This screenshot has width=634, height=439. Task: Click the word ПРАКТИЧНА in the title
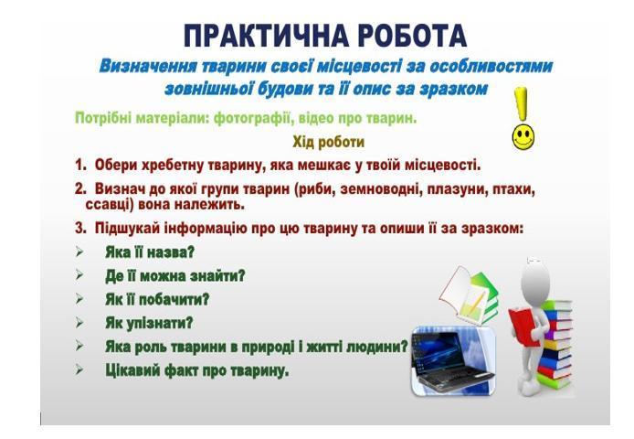click(267, 36)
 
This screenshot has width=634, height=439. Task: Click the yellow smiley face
click(523, 137)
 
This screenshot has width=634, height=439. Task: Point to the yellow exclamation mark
click(521, 103)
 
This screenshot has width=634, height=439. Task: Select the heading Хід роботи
click(328, 142)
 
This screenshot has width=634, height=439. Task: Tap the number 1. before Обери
click(81, 165)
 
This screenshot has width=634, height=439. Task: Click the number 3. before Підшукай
click(81, 229)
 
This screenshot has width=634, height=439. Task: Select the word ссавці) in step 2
click(110, 205)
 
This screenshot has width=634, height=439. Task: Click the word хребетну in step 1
click(174, 166)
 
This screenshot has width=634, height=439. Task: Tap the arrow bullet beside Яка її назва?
click(79, 252)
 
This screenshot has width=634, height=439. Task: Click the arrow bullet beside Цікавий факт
click(79, 369)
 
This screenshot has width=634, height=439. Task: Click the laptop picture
click(454, 361)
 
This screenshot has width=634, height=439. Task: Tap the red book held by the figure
click(523, 326)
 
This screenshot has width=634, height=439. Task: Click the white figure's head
click(535, 280)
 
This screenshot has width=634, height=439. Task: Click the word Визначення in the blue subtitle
click(148, 66)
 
